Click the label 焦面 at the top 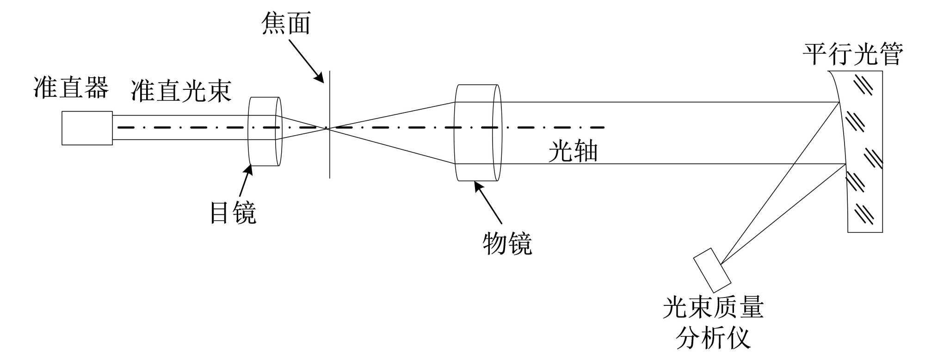point(285,24)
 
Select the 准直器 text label point(71,87)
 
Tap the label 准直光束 point(181,90)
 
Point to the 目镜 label point(233,213)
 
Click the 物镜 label point(507,244)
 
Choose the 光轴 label point(573,151)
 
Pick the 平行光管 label point(852,55)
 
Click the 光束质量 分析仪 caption point(713,323)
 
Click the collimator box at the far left point(87,128)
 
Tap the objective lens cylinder point(478,133)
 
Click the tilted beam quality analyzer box point(712,270)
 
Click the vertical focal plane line point(330,157)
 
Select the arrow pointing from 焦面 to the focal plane point(307,61)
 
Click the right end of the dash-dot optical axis point(603,127)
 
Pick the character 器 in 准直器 point(96,87)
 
